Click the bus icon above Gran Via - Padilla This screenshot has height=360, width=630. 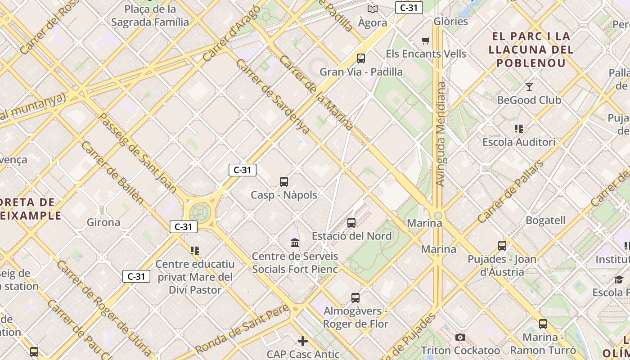pyautogui.click(x=360, y=58)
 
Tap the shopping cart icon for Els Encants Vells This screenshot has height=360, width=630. pyautogui.click(x=425, y=41)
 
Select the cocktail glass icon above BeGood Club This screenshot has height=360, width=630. pyautogui.click(x=529, y=87)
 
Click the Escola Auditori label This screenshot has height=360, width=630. pyautogui.click(x=518, y=142)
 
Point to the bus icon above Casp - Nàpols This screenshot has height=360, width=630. pyautogui.click(x=283, y=182)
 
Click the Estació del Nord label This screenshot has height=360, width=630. pyautogui.click(x=351, y=236)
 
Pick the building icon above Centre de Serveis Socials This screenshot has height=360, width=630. pyautogui.click(x=295, y=243)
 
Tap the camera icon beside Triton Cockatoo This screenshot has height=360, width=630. pyautogui.click(x=460, y=337)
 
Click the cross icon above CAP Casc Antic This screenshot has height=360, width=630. pyautogui.click(x=303, y=341)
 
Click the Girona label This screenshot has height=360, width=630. pyautogui.click(x=103, y=222)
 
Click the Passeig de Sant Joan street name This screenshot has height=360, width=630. pyautogui.click(x=137, y=153)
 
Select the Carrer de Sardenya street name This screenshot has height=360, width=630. pyautogui.click(x=272, y=96)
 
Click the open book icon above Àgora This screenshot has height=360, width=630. pyautogui.click(x=372, y=9)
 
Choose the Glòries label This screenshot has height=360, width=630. pyautogui.click(x=451, y=22)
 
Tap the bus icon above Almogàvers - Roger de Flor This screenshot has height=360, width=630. pyautogui.click(x=355, y=297)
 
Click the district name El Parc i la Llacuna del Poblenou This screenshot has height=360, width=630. pyautogui.click(x=531, y=49)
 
